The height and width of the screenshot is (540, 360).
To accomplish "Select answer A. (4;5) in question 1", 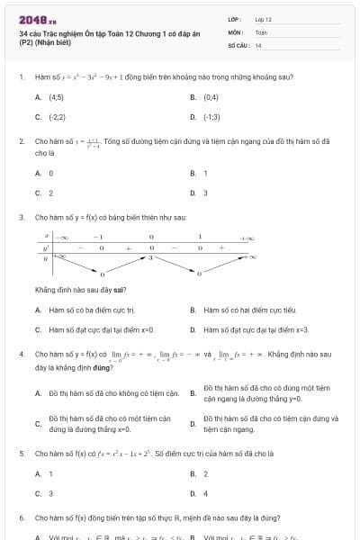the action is point(49,96).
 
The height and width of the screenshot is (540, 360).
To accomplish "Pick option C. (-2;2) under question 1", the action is point(50,117).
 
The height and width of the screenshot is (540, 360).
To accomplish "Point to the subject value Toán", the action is point(261,31).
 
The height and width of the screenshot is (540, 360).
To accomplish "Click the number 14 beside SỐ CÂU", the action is point(258,45).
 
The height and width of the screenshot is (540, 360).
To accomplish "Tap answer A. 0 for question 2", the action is point(44,173).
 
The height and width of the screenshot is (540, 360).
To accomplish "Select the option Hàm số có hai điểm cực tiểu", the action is point(244,310).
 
